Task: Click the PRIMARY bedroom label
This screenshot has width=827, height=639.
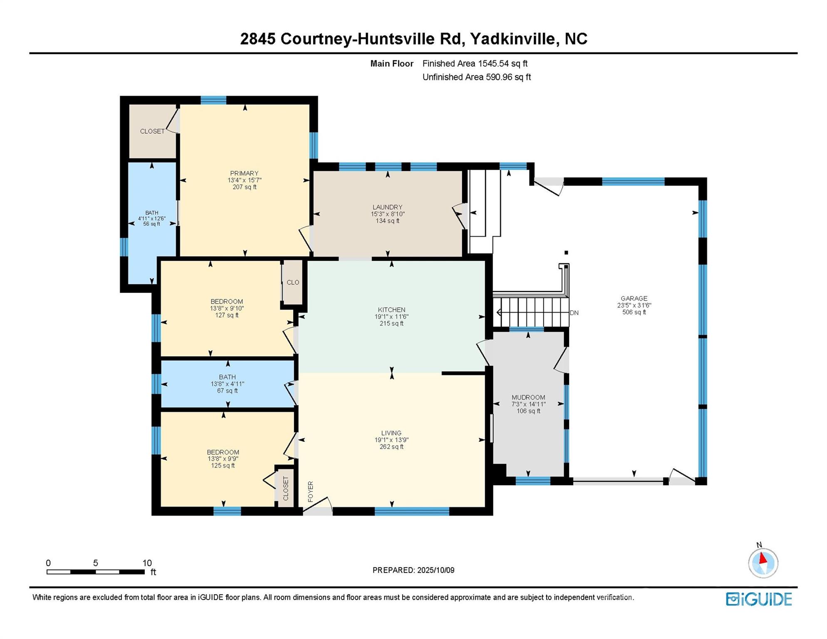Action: [244, 173]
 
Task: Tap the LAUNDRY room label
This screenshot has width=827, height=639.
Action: [387, 207]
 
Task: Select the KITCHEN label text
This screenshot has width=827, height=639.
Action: [391, 310]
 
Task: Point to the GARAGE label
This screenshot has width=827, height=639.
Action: [634, 298]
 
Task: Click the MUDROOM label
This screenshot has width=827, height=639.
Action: [528, 397]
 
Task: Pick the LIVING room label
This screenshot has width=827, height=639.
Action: [391, 433]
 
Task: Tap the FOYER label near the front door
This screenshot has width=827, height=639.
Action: [310, 491]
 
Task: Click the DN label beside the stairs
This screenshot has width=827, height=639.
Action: [574, 313]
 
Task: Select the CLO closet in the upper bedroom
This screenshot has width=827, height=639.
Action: [293, 282]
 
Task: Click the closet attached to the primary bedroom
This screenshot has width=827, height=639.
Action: [152, 131]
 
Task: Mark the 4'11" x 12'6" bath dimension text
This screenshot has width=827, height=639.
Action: [152, 218]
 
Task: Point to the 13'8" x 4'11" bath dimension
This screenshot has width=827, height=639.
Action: [227, 384]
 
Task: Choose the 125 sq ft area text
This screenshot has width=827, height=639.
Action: [223, 466]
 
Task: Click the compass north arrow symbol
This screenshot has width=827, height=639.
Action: [763, 558]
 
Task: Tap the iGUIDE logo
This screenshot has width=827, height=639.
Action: [759, 599]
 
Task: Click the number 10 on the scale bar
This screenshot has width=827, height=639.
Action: [147, 563]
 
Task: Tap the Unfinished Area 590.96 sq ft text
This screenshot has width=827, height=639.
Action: [477, 77]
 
